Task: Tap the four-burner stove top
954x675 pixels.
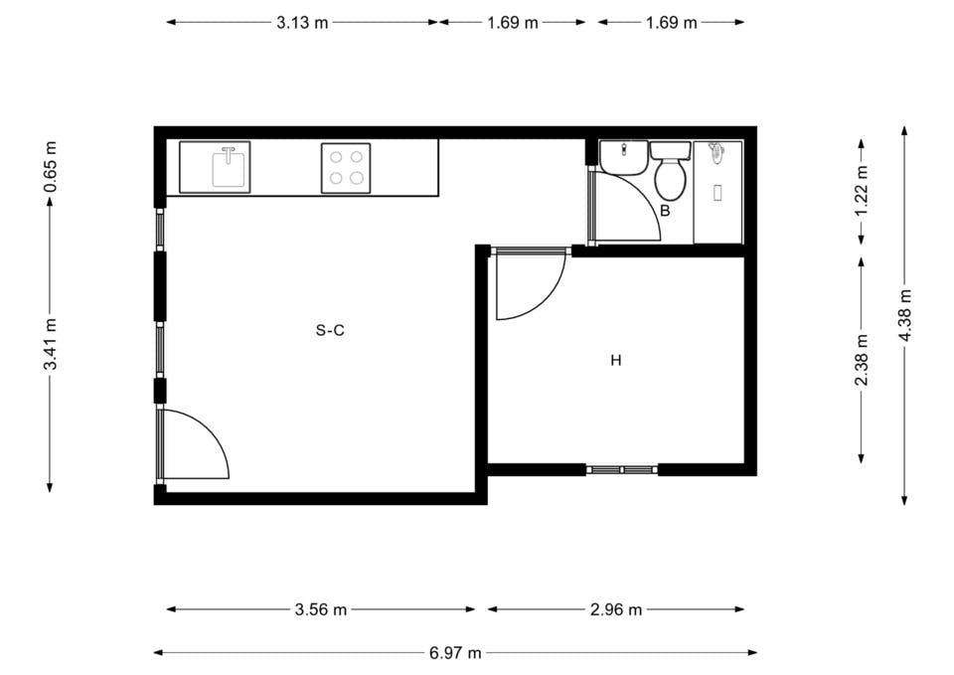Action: coord(346,167)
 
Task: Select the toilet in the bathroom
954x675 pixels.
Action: coord(670,175)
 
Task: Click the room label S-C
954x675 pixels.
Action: coord(330,331)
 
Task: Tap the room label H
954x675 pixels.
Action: coord(616,361)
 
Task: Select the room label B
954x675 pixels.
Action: coord(665,211)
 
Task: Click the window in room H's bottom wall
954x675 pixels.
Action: coord(622,468)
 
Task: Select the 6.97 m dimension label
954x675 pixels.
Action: coord(455,653)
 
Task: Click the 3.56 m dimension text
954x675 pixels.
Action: coord(321,609)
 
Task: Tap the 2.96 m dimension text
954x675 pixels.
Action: coord(616,609)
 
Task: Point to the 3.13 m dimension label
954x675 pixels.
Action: coord(302,23)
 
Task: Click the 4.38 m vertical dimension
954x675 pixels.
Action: coord(904,314)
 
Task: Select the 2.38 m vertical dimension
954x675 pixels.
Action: coord(862,360)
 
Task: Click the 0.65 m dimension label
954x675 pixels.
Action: coord(51,165)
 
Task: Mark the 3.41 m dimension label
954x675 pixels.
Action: coord(51,344)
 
